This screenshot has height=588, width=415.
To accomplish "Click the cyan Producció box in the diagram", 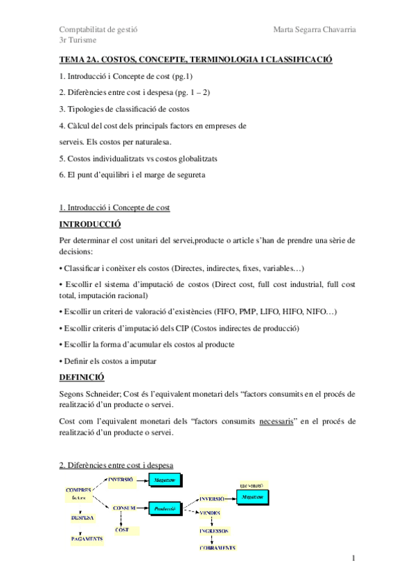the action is click(164, 508).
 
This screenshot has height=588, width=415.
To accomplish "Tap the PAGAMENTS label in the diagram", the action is click(87, 538).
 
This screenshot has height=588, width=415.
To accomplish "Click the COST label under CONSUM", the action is click(122, 530).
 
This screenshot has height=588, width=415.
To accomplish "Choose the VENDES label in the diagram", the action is click(211, 512).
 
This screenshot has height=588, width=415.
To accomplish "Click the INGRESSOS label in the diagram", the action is click(214, 530).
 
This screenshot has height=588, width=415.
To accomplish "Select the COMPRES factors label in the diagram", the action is click(79, 493).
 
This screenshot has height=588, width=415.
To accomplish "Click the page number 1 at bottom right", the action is click(353, 559).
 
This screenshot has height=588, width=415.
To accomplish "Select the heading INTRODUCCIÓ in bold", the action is click(90, 225).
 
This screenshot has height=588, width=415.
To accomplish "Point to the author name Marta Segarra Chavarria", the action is click(315, 29).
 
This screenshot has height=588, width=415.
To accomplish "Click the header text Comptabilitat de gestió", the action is click(98, 29).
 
